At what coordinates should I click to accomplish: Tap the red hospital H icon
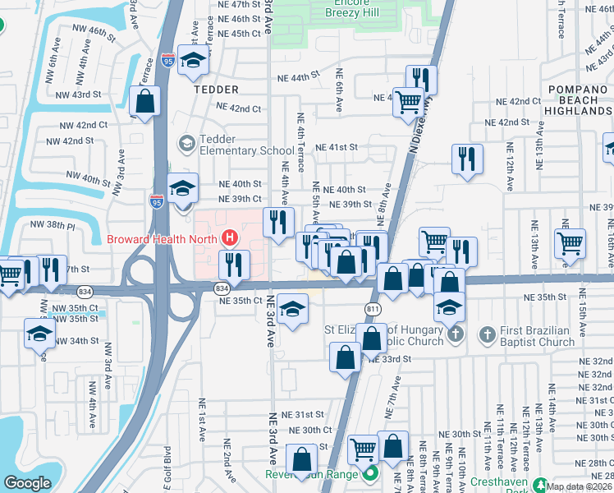click(231, 239)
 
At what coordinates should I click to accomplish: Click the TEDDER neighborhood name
click(217, 90)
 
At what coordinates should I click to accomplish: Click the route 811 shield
click(373, 308)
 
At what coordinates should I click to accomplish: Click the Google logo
click(27, 483)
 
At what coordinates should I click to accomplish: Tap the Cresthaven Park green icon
click(540, 485)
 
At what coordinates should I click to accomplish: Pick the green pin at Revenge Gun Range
click(370, 474)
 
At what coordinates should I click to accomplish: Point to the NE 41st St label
click(342, 147)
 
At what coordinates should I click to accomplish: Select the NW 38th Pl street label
click(47, 224)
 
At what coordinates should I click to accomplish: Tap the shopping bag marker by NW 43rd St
click(145, 103)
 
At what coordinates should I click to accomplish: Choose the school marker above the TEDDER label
click(194, 61)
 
